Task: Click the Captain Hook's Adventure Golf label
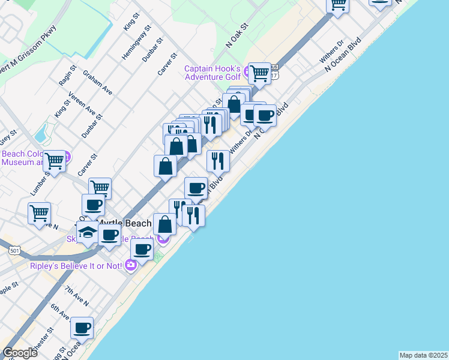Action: [x=212, y=73]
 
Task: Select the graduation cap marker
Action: [x=88, y=233]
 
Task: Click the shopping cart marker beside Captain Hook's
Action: [x=259, y=74]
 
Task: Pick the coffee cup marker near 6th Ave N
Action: [x=82, y=328]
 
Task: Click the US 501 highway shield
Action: [x=14, y=250]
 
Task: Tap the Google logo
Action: [x=20, y=352]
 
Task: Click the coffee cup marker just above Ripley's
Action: [x=142, y=249]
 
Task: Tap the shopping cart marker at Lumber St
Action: [x=55, y=161]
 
